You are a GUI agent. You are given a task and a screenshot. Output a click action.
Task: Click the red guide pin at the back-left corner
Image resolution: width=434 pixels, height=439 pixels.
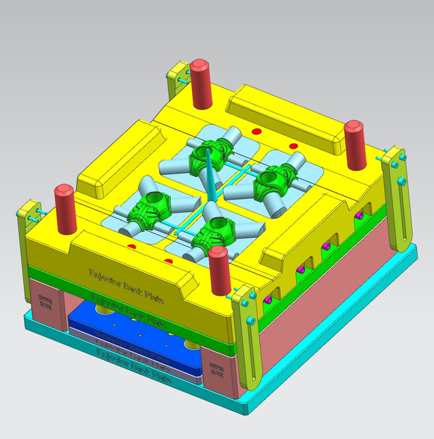(200, 84)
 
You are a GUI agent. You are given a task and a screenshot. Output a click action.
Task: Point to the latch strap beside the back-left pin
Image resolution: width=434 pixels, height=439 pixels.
(176, 82)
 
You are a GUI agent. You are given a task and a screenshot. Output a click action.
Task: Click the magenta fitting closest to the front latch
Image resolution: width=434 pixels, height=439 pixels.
(268, 300)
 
